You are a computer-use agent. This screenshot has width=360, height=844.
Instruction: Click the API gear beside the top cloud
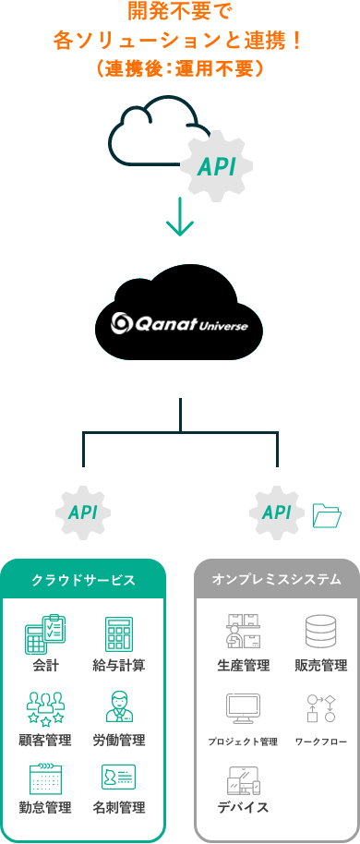coord(216,166)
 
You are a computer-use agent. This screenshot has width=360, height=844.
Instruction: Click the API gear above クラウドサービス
coord(83,511)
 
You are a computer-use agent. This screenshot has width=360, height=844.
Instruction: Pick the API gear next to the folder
coord(276,511)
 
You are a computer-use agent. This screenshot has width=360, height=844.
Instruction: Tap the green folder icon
coord(327,514)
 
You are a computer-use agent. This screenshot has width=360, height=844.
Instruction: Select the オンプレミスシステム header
coord(276,580)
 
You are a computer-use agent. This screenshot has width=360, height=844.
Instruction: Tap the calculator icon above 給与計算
coord(120,633)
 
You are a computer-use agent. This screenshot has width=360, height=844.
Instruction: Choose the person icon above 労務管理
coord(120,706)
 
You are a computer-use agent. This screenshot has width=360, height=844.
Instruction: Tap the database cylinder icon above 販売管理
coord(320,632)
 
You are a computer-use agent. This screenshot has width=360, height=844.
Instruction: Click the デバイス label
coord(244,806)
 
